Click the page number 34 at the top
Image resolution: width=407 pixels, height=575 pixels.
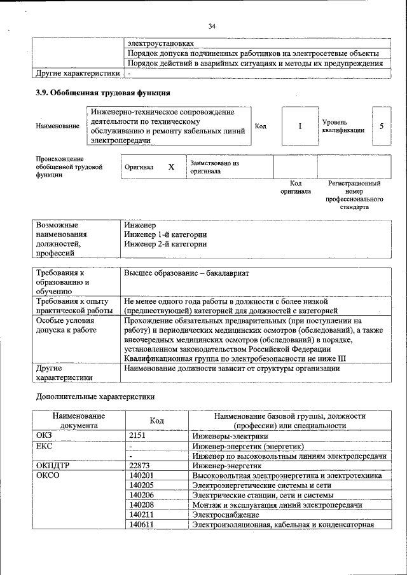click(x=212, y=25)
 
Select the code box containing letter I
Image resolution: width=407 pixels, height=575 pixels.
click(x=300, y=126)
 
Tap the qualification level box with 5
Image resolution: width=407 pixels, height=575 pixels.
click(x=382, y=126)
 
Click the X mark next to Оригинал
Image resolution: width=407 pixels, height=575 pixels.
click(x=171, y=167)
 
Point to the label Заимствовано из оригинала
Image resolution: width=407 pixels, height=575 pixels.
click(x=214, y=167)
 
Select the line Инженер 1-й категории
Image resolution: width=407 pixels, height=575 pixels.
click(x=165, y=234)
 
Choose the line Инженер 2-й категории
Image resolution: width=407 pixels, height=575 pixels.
click(x=165, y=243)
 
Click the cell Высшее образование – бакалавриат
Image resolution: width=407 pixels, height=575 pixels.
click(x=186, y=273)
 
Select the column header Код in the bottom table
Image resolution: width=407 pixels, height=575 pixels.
click(x=156, y=421)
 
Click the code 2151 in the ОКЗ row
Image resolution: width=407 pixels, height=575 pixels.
click(x=138, y=436)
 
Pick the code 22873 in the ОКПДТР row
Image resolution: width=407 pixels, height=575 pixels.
click(x=139, y=466)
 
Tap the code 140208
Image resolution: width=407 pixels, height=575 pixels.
click(x=141, y=504)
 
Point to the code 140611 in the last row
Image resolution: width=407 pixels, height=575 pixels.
click(x=141, y=524)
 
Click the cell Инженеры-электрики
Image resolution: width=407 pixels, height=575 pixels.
click(x=230, y=436)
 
